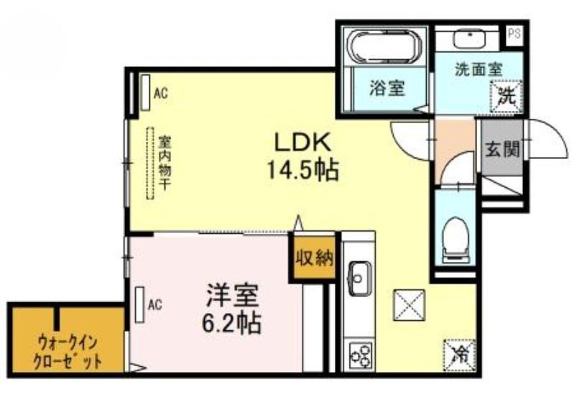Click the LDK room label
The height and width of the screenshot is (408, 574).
303,142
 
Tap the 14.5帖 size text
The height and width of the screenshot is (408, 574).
302,170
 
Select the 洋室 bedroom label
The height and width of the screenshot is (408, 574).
232,295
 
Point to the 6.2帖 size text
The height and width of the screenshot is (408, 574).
231,322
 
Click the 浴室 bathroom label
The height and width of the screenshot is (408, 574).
387,88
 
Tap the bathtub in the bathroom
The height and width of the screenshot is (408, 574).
386,47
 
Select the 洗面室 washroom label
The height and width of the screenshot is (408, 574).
479,69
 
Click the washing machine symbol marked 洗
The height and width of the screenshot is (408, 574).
507,96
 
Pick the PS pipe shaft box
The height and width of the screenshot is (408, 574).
514,34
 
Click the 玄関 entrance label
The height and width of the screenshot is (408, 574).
502,149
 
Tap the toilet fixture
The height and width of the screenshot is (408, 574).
455,240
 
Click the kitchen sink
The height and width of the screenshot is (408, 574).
359,278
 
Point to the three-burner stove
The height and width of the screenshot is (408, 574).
360,355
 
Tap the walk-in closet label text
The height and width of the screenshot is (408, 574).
67,353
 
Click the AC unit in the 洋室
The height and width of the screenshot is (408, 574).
139,304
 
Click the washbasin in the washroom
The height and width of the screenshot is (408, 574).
469,40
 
